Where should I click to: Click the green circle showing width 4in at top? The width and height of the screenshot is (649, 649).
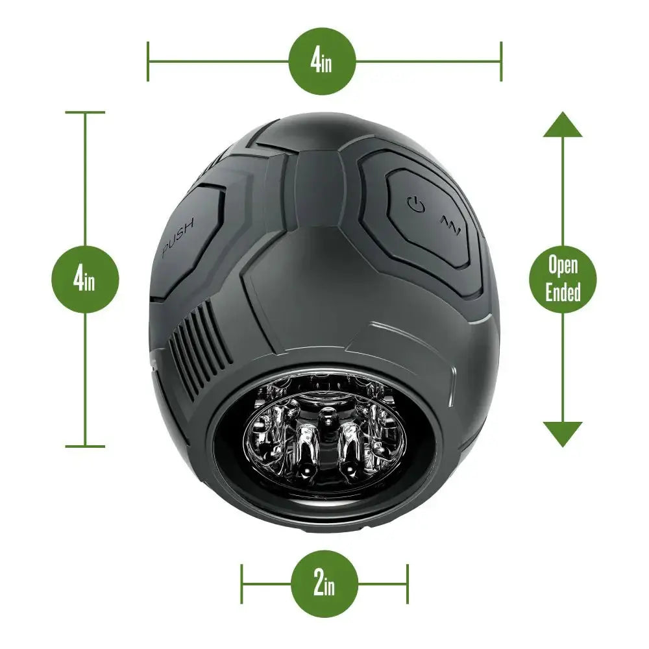[x=323, y=62]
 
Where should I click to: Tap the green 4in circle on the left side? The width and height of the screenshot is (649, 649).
[x=85, y=280]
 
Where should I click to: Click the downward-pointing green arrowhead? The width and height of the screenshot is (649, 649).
[x=563, y=434]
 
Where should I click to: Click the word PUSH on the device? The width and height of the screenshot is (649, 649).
[x=182, y=241]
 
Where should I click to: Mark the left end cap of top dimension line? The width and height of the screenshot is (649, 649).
[x=148, y=62]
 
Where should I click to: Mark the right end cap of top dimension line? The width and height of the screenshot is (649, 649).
[x=501, y=62]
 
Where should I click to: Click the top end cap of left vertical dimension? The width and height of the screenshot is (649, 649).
[x=85, y=112]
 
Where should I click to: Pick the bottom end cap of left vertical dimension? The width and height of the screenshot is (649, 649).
[x=85, y=446]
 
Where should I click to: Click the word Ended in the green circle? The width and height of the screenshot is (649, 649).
[x=563, y=293]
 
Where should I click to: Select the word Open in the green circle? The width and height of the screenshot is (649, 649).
[x=563, y=265]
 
